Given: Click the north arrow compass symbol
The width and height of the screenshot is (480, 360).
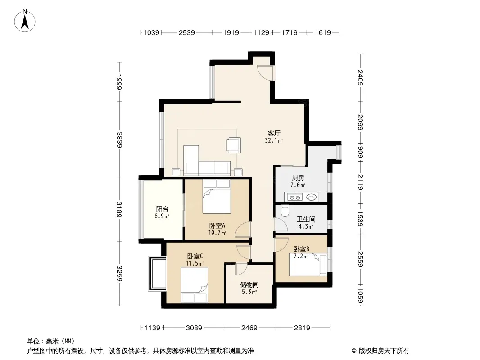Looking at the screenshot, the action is pos(25,21).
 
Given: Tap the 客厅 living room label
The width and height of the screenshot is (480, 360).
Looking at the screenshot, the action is pos(274,134).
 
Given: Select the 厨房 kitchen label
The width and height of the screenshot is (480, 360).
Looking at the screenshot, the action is pos(298,178).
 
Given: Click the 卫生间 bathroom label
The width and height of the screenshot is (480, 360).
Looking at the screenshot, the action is pos(306,219).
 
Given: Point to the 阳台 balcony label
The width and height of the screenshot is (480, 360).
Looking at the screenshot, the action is pos(162,209).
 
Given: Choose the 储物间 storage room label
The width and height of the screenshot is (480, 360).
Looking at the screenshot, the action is pos(249,285).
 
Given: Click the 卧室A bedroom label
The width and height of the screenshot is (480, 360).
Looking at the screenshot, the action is pos(217,226).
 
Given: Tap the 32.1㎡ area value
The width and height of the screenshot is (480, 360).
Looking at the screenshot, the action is pos(274,141).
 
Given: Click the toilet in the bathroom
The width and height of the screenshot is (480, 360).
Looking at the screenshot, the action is pos(285,211).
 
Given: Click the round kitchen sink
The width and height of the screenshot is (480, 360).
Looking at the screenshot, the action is pos(311,197).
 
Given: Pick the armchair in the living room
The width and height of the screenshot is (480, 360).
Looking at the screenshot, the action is pos(234,144).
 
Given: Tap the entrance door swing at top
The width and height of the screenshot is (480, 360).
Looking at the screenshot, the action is pos(265,73).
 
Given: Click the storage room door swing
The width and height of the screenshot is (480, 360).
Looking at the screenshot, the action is pos(241,269).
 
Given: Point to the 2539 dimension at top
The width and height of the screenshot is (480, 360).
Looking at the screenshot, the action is pos(187,33).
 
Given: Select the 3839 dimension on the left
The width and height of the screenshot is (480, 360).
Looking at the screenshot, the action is pos(119,140).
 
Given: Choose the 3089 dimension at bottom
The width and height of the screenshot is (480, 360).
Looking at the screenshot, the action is pos(194,328).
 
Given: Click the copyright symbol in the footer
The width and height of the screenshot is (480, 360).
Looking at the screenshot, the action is pos(354,351).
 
